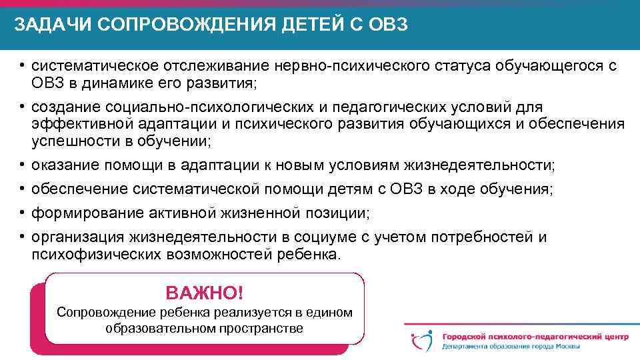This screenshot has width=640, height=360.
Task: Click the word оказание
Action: point(62,165)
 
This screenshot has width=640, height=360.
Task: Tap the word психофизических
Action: point(95,255)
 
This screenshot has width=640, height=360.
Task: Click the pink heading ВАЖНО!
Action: point(205,293)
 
